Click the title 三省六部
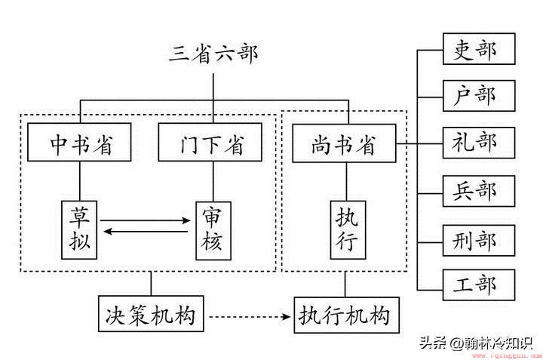[213, 54]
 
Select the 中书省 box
[79, 142]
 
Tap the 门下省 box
[210, 142]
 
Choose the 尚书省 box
[344, 143]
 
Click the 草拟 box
[79, 229]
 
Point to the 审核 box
[213, 231]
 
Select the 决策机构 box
[151, 314]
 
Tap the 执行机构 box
[347, 315]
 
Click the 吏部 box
[479, 49]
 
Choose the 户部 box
[479, 96]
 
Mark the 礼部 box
[479, 143]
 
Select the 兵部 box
[479, 191]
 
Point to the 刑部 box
[479, 241]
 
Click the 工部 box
[479, 285]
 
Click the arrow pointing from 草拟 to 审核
[145, 220]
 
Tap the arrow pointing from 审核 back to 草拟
[146, 232]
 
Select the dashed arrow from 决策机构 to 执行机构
[250, 316]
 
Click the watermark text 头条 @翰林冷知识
[476, 343]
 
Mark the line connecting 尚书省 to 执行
[347, 181]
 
